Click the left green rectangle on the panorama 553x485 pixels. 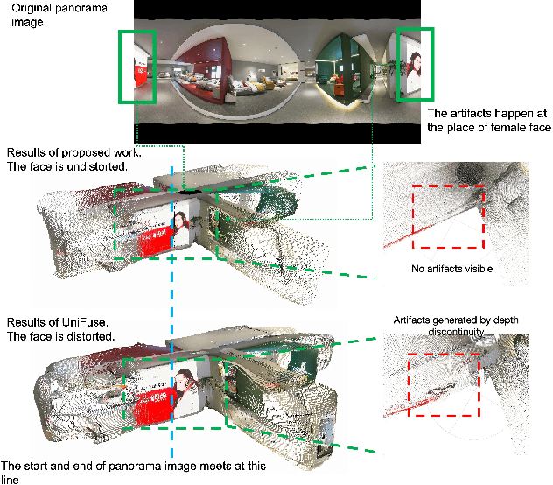[138, 66]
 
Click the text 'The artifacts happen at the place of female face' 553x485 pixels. [488, 120]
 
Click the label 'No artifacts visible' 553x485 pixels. [451, 269]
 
